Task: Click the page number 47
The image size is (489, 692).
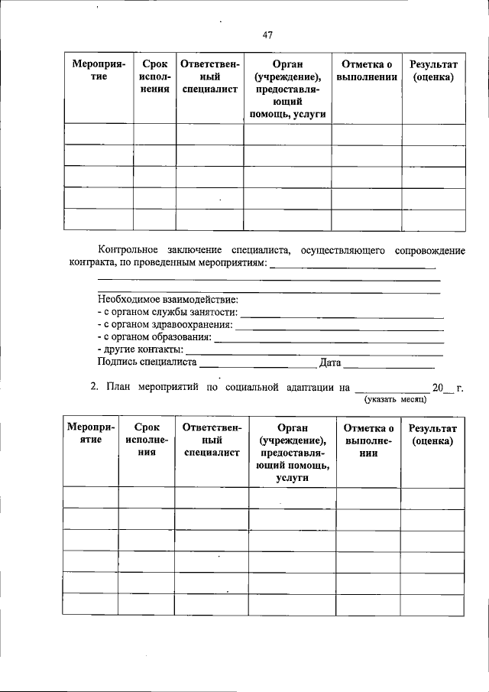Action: tap(267, 34)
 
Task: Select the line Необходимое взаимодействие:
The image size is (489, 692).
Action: tap(168, 300)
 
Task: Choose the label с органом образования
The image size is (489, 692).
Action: tap(155, 337)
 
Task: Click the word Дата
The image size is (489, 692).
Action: tap(330, 362)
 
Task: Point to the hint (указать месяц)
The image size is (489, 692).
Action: tap(395, 399)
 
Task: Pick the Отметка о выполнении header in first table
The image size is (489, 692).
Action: tap(367, 70)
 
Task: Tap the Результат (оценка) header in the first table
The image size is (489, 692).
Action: tap(432, 70)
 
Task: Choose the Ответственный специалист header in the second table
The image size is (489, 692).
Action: tap(212, 440)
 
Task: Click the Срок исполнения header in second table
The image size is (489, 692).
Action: tap(147, 440)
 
